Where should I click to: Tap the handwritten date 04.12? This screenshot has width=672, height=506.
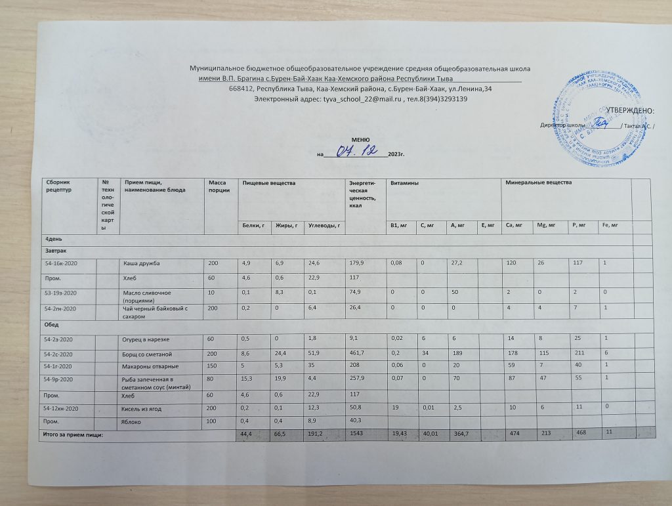point(357,152)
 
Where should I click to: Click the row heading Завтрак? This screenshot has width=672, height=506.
point(56,251)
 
